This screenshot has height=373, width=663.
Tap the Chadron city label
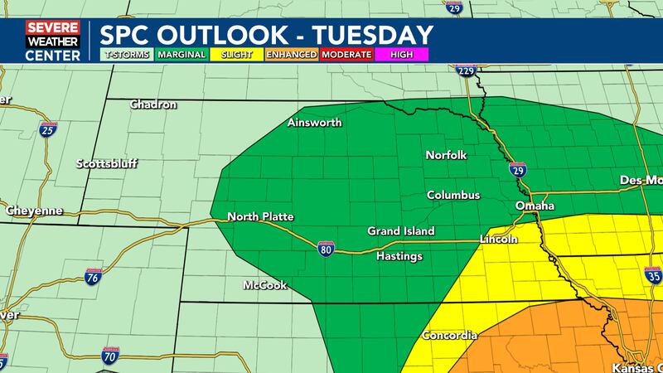click(x=154, y=105)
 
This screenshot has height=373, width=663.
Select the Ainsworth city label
click(x=314, y=124)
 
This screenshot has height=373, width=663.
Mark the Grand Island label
click(x=401, y=231)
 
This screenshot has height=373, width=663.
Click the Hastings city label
click(x=399, y=256)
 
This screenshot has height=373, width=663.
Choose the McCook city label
click(x=265, y=285)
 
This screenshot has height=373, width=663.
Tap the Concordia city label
click(x=449, y=336)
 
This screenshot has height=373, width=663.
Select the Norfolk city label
click(x=447, y=155)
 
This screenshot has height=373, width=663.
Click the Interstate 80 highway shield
click(x=325, y=247)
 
